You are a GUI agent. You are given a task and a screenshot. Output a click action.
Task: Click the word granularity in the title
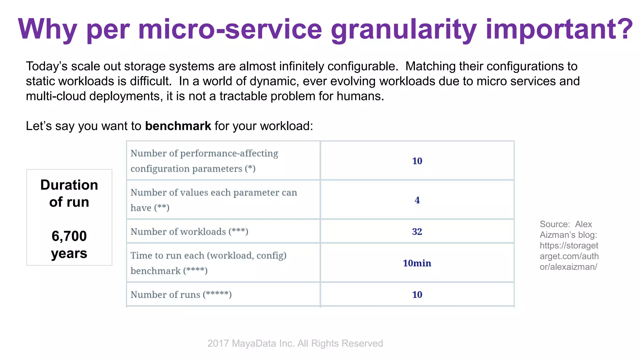403,30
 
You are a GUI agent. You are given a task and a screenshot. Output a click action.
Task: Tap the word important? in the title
559,30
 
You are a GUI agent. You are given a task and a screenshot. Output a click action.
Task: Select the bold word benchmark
178,126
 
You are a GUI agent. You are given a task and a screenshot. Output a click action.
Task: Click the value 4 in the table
417,200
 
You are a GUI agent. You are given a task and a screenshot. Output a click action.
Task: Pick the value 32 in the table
417,232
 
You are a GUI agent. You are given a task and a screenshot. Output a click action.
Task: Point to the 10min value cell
417,263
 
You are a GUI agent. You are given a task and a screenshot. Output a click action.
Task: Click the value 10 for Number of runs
417,294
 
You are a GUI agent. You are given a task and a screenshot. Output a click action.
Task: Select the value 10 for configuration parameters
417,161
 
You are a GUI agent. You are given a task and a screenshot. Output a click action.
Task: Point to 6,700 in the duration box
69,236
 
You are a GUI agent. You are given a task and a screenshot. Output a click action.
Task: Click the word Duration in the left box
69,185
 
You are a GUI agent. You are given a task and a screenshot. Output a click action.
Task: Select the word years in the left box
69,253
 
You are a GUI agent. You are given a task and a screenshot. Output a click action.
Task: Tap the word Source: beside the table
555,224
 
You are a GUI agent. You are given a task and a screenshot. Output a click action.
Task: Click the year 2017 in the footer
218,343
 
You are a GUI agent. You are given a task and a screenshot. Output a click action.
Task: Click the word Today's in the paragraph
47,66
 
